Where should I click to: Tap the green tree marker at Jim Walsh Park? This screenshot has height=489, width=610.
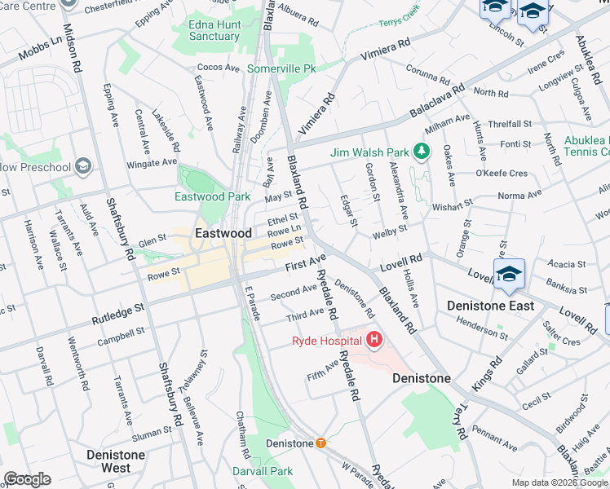click(422, 152)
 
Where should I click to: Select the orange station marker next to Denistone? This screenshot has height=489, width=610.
click(320, 443)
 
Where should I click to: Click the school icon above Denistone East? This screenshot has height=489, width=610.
click(510, 275)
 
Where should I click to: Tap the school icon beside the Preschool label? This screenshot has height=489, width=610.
click(82, 167)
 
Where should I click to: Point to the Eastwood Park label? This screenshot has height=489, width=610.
click(212, 196)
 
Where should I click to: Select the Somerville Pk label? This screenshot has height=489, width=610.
click(281, 70)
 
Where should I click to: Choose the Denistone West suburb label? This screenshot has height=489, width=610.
click(117, 461)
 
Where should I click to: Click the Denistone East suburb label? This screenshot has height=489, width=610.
click(490, 306)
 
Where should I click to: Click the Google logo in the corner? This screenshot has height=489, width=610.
click(27, 479)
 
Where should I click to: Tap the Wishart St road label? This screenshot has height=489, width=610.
click(452, 205)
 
